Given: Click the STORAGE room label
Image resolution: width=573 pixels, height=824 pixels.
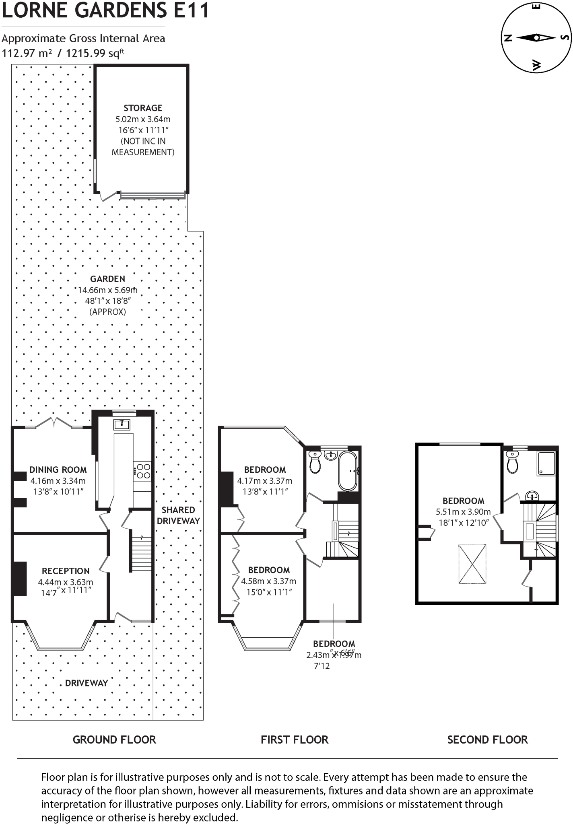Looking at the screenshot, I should [x=143, y=108].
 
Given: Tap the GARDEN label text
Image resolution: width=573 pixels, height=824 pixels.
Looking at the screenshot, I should [x=107, y=279].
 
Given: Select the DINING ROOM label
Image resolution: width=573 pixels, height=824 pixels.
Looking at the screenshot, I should [x=58, y=470].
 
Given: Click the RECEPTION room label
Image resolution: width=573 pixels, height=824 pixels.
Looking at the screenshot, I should [x=66, y=571].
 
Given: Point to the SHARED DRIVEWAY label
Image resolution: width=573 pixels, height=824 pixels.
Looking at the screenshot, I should [x=178, y=515].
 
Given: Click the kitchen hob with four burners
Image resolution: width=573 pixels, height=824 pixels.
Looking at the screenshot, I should [x=143, y=471].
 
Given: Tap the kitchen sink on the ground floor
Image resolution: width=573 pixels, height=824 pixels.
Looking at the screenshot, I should [x=122, y=424].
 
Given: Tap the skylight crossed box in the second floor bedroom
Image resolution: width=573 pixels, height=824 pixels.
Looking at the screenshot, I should [x=472, y=564].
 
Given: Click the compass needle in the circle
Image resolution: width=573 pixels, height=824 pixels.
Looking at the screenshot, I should [x=536, y=38].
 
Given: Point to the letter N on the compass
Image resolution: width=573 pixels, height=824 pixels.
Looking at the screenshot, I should [x=508, y=38].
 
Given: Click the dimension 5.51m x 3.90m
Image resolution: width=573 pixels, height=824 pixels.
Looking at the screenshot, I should [x=463, y=512].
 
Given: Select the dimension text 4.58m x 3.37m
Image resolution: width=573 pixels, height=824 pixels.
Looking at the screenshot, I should [x=268, y=581].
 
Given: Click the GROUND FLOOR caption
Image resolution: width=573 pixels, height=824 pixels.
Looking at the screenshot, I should [x=114, y=740].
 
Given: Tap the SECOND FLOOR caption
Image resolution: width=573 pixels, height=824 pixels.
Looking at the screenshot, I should [x=487, y=740].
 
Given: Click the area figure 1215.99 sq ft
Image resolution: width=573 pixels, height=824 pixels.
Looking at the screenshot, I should [x=95, y=53].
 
